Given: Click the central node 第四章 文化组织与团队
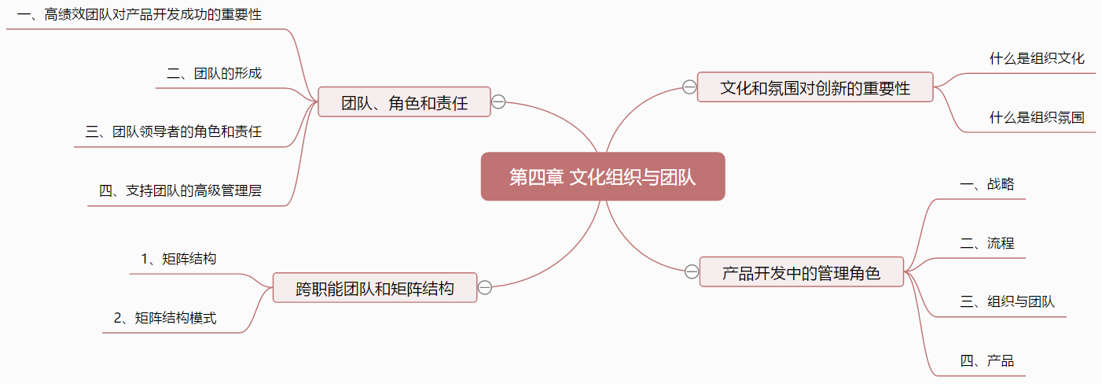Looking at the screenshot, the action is click(x=603, y=176).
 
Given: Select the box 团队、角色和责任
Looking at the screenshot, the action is click(x=404, y=102).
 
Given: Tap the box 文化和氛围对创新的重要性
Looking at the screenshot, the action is click(x=815, y=87).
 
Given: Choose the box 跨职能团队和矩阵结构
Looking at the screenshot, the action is click(x=375, y=287).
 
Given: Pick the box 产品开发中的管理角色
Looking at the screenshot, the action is click(x=802, y=271).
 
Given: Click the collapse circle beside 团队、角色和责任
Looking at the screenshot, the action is click(x=498, y=102).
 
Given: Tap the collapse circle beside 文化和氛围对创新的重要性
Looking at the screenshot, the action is click(x=689, y=87).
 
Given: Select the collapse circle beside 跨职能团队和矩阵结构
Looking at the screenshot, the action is click(x=485, y=287).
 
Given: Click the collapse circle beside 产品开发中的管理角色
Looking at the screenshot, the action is click(x=692, y=271).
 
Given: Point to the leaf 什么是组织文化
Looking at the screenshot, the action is click(x=1037, y=58).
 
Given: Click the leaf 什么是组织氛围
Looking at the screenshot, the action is click(x=1037, y=117).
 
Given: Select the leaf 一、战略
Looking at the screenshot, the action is click(x=987, y=184).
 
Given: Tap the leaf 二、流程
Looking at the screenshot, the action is click(x=987, y=242).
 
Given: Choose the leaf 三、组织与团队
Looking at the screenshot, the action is click(x=1007, y=301).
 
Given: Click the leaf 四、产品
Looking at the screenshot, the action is click(x=987, y=361).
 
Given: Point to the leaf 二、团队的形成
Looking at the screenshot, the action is click(x=214, y=73).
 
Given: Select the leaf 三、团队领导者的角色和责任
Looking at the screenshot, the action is click(x=174, y=131).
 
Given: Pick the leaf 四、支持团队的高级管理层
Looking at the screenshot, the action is click(x=180, y=190).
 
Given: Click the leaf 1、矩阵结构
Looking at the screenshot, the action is click(x=178, y=258).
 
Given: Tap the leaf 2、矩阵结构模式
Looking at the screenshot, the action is click(x=165, y=318).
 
